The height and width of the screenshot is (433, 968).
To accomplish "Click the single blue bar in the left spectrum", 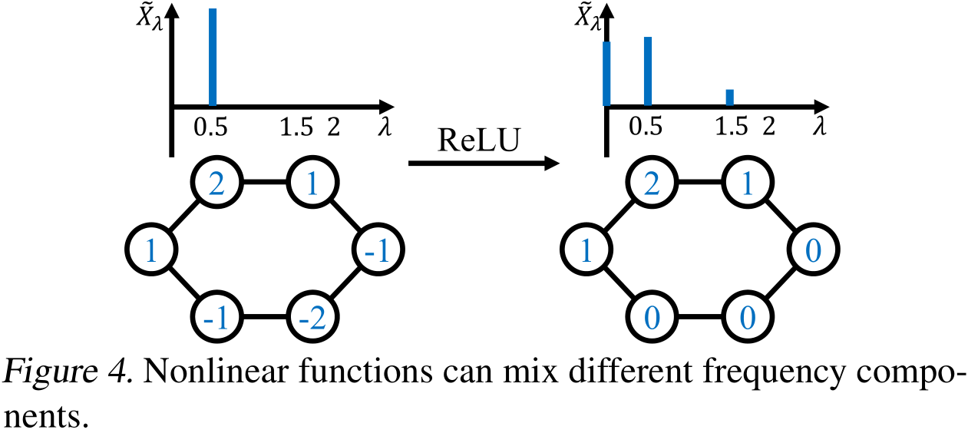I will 213,58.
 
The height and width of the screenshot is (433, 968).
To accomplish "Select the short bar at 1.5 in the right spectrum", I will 729,98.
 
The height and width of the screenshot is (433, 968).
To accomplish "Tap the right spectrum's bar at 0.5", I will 648,71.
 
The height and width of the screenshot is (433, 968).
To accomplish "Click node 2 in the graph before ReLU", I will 217,184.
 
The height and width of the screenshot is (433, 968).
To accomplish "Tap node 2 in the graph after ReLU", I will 652,184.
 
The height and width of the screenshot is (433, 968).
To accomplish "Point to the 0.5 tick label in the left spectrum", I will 210,128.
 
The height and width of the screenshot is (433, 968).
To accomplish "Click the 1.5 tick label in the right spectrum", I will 732,128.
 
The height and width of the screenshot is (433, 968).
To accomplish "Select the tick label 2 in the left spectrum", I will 333,128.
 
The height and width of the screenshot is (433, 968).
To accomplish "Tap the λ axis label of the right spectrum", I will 818,128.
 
